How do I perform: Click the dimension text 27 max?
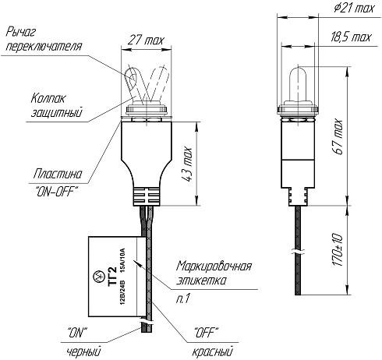pos(147,41)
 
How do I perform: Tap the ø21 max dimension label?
pos(355,8)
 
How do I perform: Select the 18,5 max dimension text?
pos(352,37)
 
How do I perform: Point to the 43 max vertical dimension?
pos(187,164)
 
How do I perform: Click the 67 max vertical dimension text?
pos(338,137)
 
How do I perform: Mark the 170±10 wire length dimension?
pos(338,250)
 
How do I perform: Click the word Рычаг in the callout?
pos(21,32)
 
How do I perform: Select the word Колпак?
pos(48,98)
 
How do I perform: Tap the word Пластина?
pos(58,174)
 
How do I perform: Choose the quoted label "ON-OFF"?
pos(56,192)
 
